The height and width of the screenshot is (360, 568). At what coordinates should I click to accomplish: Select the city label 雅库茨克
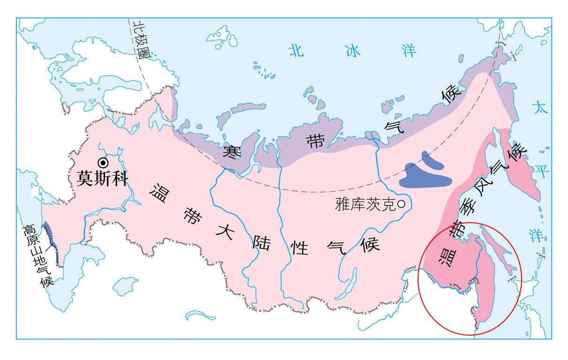point(366,204)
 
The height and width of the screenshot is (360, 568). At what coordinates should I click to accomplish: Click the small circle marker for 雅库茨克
point(401,204)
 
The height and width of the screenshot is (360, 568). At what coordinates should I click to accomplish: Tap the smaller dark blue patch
point(432,159)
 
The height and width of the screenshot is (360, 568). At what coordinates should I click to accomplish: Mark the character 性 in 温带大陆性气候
point(300,248)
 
